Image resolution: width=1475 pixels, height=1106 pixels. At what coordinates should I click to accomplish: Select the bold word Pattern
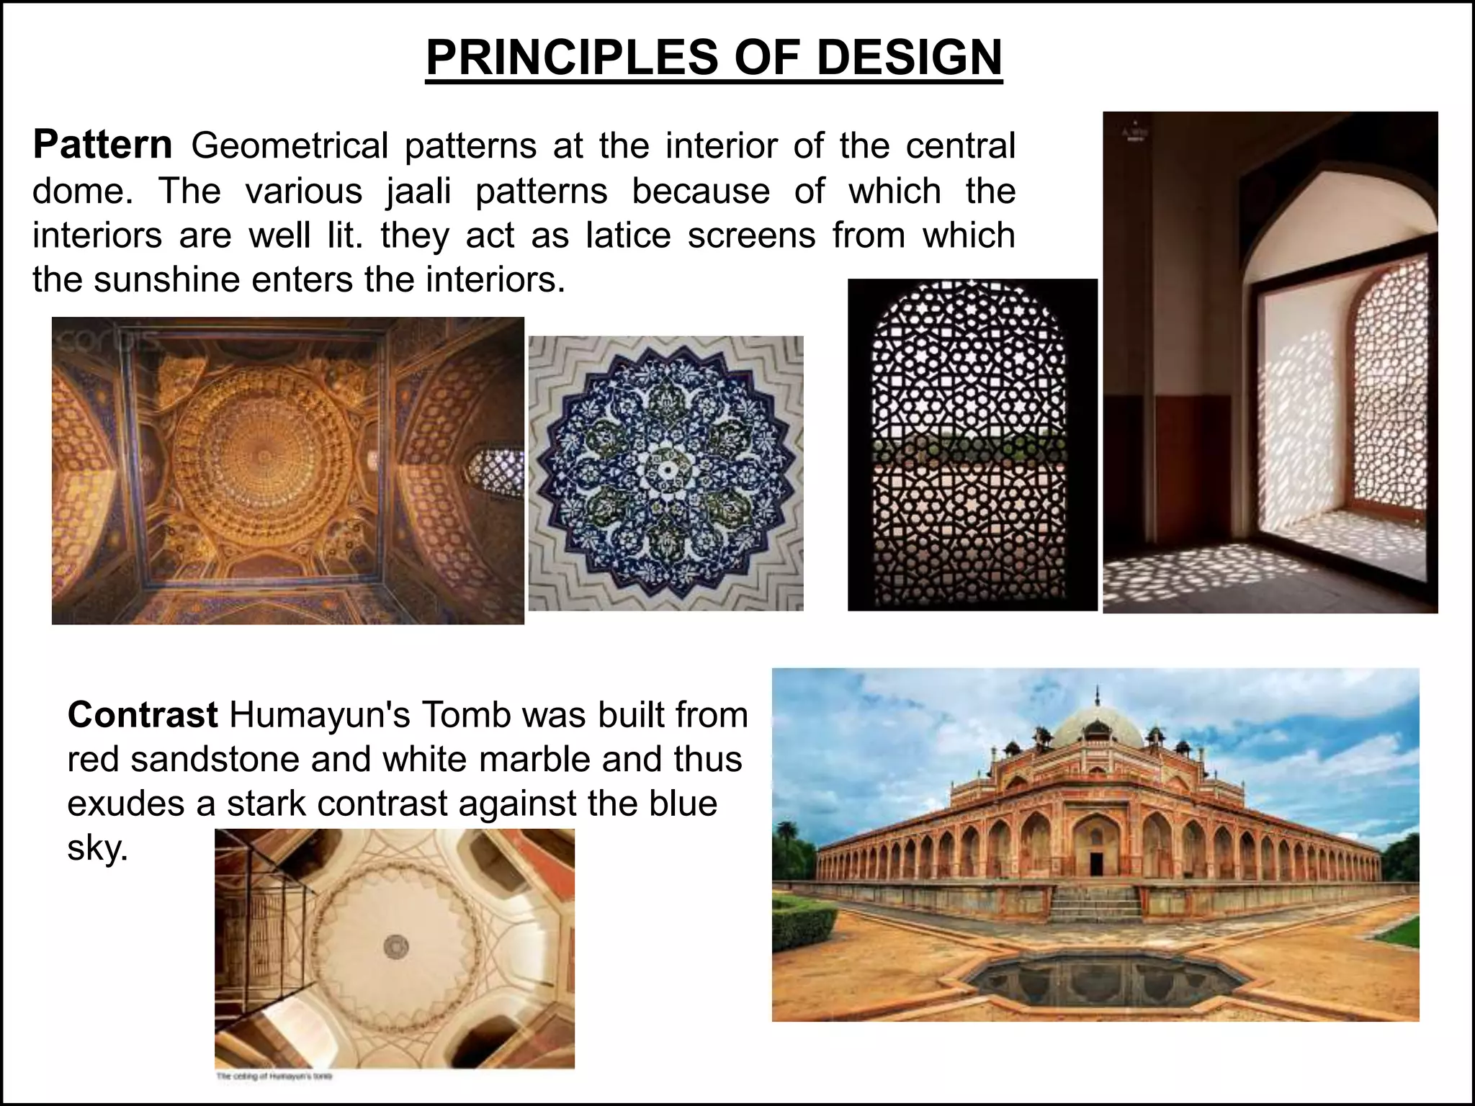[x=102, y=145]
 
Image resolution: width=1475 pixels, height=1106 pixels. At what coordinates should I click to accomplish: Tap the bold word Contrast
[x=143, y=715]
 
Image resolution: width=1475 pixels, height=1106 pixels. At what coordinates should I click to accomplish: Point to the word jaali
[x=418, y=191]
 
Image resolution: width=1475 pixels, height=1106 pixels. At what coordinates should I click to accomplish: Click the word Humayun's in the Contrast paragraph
[x=319, y=715]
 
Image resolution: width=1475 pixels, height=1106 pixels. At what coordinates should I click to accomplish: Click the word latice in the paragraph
[x=628, y=235]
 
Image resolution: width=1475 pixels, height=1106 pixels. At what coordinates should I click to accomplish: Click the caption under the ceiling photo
[x=274, y=1077]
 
